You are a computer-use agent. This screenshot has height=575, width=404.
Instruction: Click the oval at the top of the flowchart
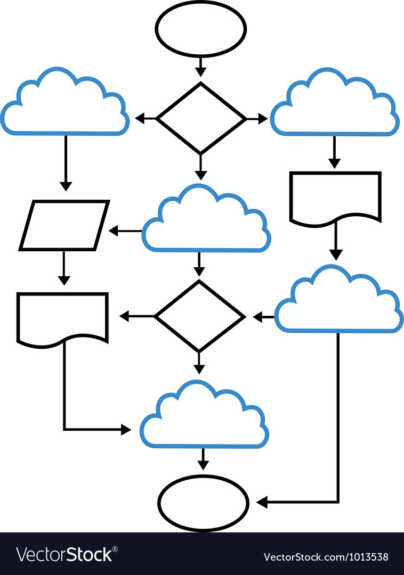pos(200,29)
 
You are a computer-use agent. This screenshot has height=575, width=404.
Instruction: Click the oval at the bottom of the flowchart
pos(203,503)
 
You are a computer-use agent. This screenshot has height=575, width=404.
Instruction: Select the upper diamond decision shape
pos(201,118)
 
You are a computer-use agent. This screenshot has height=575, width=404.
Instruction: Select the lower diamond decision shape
pos(199,317)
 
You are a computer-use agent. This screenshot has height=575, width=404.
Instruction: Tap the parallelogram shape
pos(64,225)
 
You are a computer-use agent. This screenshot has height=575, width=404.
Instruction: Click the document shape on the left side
pos(62,317)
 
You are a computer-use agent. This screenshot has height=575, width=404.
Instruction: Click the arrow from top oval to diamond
pos(200,67)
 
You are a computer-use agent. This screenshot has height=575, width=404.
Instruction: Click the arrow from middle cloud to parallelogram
pos(126,231)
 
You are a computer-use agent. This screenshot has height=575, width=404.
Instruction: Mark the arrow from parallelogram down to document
pos(63,269)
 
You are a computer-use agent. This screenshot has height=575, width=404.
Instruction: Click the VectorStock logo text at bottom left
pos(64,555)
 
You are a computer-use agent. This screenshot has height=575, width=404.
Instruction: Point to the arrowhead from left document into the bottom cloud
pos(126,429)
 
